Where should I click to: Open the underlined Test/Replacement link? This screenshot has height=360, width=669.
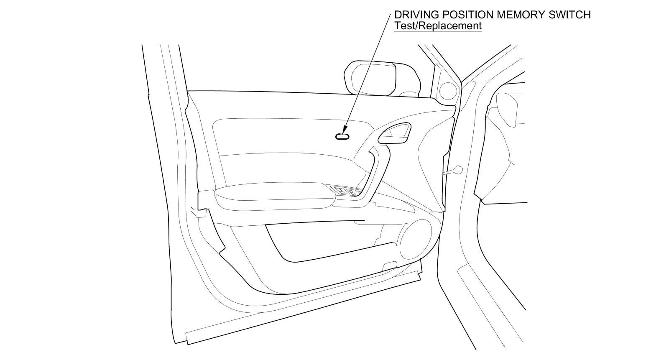[438, 26]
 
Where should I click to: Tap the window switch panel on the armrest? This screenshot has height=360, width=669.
[346, 191]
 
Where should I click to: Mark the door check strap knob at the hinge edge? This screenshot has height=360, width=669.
[458, 169]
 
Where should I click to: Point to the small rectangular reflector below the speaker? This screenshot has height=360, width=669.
[390, 265]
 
